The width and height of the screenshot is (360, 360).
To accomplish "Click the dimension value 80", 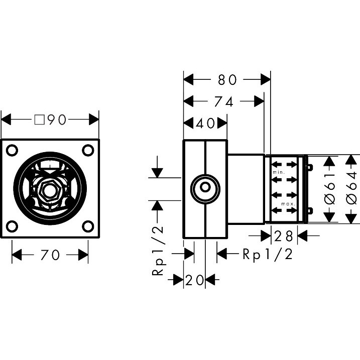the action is tap(227, 80).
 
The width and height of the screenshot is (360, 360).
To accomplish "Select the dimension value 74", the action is tap(223, 101).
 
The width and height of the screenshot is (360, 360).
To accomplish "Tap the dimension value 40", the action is tap(205, 124).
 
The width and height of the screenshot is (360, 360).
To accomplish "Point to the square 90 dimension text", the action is tap(50, 119).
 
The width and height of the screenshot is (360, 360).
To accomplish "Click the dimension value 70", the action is tap(50, 255).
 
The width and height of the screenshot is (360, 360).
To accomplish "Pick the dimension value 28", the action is tap(284, 236).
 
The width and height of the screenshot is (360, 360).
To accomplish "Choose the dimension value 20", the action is tap(194, 280).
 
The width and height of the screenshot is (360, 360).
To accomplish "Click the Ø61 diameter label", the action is tap(330, 188).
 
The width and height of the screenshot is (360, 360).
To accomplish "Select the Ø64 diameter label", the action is tap(351, 188).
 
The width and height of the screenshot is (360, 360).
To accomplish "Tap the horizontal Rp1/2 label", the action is tap(268, 254).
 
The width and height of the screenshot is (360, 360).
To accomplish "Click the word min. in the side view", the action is tap(279, 172).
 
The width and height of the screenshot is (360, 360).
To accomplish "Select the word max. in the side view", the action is tap(288, 204).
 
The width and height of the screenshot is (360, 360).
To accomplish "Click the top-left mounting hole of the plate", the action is tap(12, 150).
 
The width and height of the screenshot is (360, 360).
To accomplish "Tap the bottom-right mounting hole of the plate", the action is tap(88, 226).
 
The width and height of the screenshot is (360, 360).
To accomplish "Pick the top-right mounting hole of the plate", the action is tap(88, 150).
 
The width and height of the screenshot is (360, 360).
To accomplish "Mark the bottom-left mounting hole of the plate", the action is tap(12, 226).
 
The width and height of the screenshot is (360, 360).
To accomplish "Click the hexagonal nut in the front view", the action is tap(50, 191).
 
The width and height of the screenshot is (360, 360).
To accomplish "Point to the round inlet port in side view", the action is tap(205, 189).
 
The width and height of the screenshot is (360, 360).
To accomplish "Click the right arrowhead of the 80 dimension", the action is tap(266, 80).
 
